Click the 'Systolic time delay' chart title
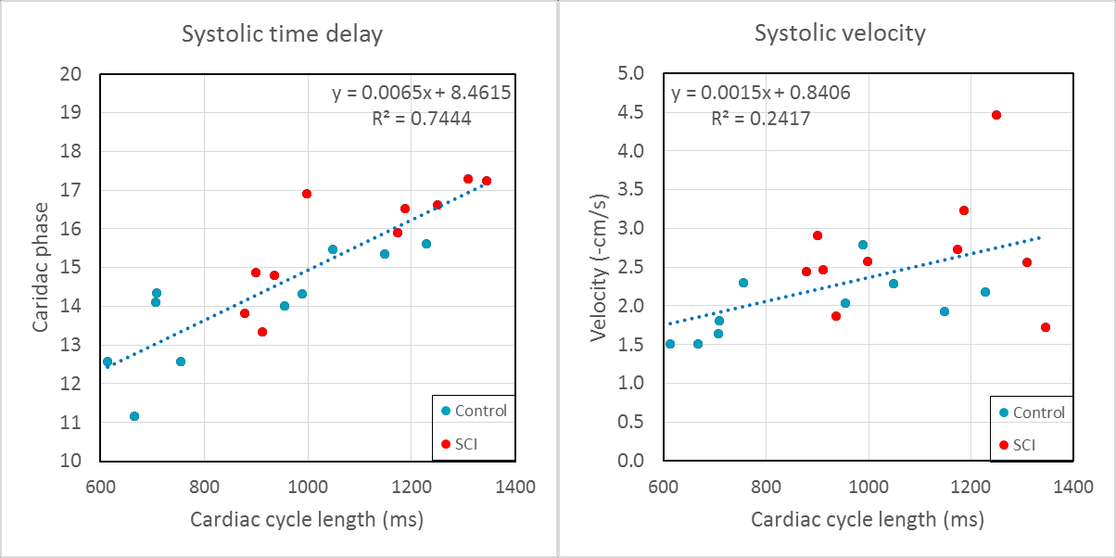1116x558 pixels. click(x=282, y=34)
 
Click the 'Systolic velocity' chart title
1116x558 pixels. click(x=840, y=34)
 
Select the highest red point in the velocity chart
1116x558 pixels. click(x=996, y=115)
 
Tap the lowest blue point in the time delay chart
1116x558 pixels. click(x=134, y=416)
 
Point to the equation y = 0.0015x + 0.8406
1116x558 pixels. click(x=761, y=93)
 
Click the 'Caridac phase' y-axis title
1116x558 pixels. click(x=41, y=268)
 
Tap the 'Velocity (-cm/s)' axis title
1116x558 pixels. click(x=600, y=268)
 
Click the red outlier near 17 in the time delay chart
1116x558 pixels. click(x=307, y=194)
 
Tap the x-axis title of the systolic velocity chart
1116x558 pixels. click(x=867, y=520)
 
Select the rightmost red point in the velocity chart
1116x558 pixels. click(x=1046, y=327)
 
